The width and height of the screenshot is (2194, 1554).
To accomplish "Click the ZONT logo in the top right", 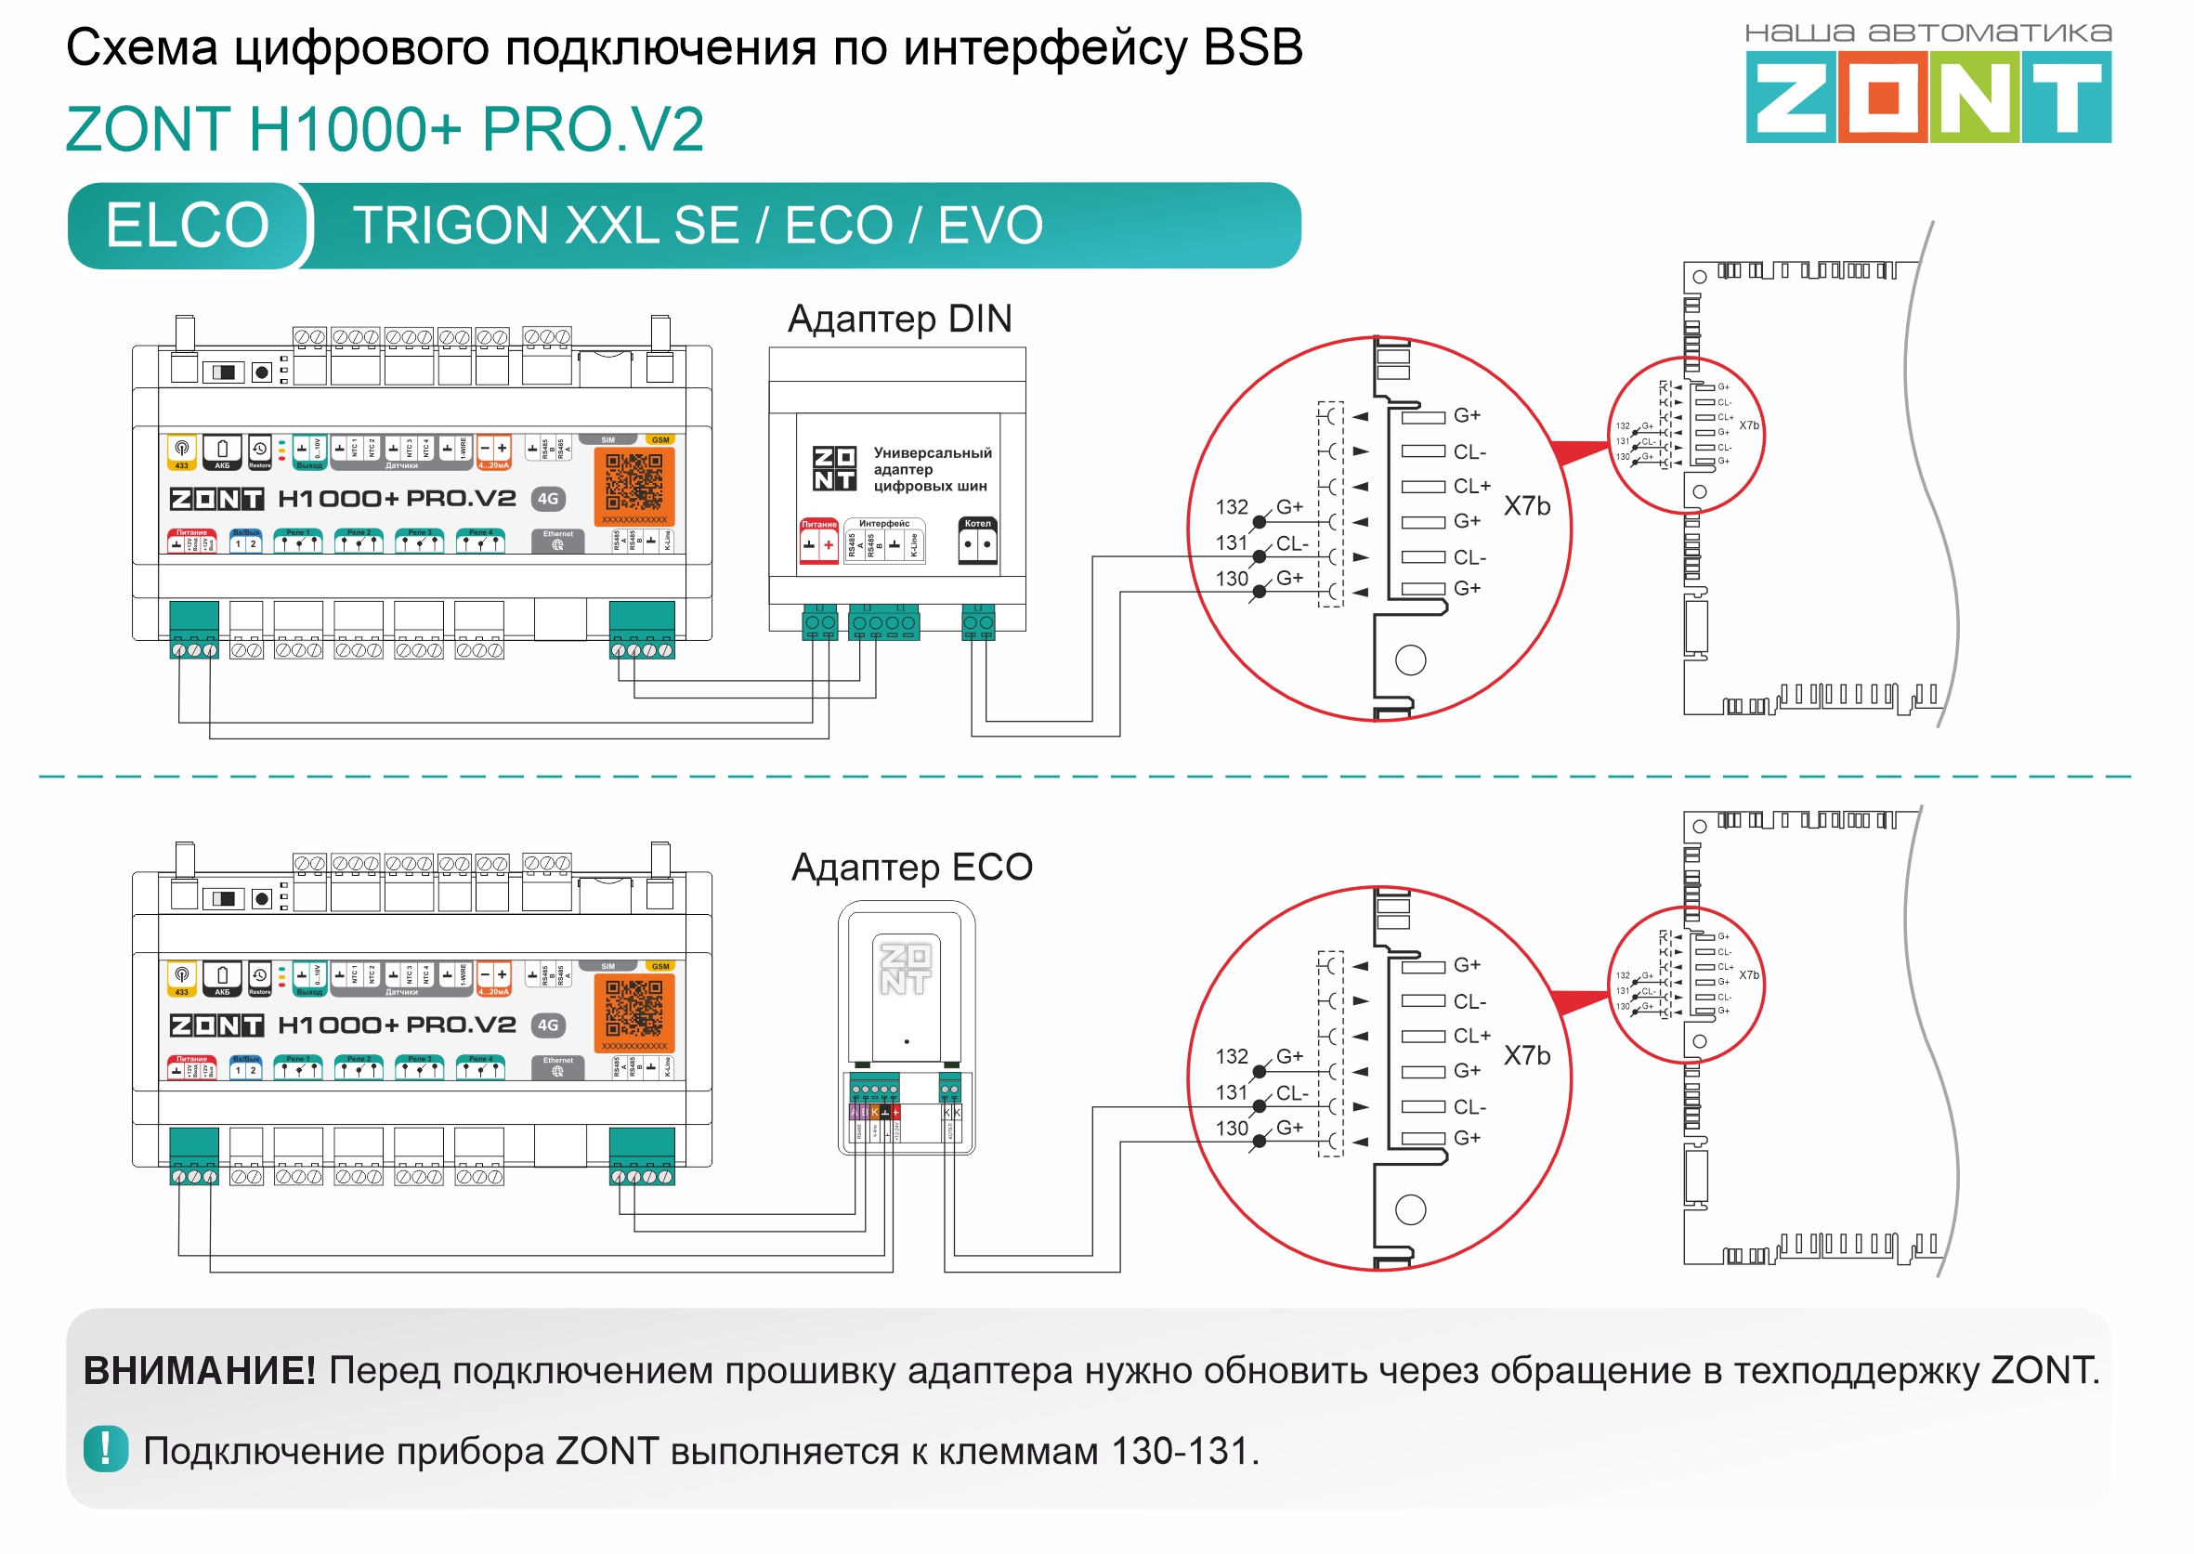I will (x=1927, y=97).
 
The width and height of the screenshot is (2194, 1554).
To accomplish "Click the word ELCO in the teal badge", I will (x=188, y=226).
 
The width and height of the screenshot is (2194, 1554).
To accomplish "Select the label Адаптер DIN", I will (x=899, y=319).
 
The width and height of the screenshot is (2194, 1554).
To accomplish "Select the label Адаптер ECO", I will (x=912, y=867).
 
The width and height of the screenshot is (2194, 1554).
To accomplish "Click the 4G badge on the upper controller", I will (x=547, y=499).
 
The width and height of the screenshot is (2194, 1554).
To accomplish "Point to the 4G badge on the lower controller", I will (x=547, y=1025).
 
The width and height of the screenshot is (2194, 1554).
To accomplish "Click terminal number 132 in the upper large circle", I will (x=1232, y=507).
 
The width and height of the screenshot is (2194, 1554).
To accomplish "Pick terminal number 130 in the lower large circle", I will (x=1232, y=1129).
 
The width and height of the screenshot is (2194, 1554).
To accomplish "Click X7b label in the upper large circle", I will (x=1526, y=506).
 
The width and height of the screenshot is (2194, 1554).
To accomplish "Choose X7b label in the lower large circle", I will (x=1526, y=1055).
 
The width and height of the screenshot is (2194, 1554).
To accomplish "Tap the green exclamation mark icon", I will (x=105, y=1449).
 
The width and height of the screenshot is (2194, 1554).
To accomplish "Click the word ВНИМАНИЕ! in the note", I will (x=199, y=1370).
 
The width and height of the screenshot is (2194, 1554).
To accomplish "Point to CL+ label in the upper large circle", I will (x=1471, y=486).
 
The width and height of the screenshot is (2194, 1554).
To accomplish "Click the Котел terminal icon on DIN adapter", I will (x=977, y=542).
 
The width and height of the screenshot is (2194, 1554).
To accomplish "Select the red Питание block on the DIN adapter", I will (x=819, y=542).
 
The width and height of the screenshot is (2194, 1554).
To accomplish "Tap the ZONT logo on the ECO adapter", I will (x=905, y=968).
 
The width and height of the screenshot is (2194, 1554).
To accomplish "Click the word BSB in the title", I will (x=1252, y=48).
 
